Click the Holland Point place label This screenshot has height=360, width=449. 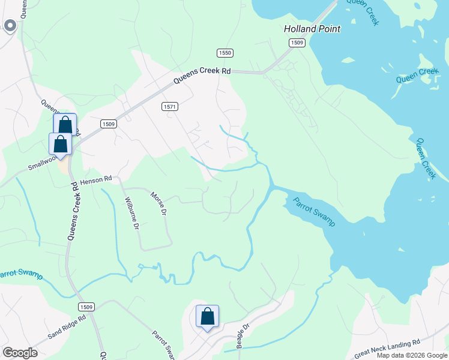pyautogui.click(x=312, y=29)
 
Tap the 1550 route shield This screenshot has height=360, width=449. pyautogui.click(x=225, y=53)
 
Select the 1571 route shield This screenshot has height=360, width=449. pyautogui.click(x=170, y=106)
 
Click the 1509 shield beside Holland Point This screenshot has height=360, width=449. pyautogui.click(x=297, y=43)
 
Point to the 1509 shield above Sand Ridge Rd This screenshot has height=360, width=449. pyautogui.click(x=85, y=307)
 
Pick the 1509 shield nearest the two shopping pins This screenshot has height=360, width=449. pyautogui.click(x=108, y=124)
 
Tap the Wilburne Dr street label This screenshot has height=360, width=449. pyautogui.click(x=131, y=214)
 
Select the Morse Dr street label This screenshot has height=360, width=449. pyautogui.click(x=158, y=205)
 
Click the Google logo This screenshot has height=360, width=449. pyautogui.click(x=20, y=353)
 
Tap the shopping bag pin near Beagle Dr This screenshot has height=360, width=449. pyautogui.click(x=207, y=316)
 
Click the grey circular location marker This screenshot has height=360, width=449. pyautogui.click(x=10, y=25)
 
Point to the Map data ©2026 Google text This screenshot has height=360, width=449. pyautogui.click(x=412, y=355)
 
